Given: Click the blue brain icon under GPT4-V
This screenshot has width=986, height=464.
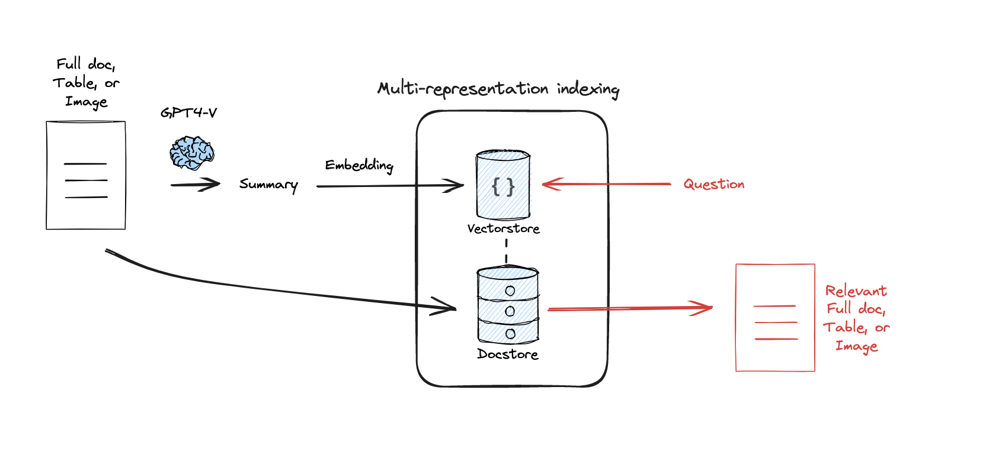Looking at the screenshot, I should [191, 153].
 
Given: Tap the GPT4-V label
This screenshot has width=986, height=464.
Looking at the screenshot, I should [188, 112].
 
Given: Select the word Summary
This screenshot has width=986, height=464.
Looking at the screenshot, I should [268, 185].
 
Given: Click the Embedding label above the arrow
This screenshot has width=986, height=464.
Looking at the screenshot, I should [359, 165].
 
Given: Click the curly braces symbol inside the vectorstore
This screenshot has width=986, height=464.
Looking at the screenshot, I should [503, 188].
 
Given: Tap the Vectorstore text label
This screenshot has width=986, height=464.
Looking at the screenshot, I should [503, 228].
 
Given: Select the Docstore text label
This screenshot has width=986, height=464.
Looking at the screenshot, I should [508, 354].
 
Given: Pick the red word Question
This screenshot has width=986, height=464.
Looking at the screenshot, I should [713, 184].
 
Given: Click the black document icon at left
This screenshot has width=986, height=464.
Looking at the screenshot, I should [86, 175].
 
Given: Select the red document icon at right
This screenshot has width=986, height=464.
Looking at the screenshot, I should [775, 318].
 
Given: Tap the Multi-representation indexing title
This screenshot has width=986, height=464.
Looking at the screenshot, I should [498, 89].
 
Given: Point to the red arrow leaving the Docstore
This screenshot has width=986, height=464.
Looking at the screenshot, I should [628, 308].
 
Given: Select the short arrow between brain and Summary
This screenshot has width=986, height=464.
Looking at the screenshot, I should [196, 185].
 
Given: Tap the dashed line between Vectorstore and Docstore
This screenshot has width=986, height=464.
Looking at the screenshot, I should [506, 251].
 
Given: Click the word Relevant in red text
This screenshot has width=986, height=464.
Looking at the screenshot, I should [856, 291].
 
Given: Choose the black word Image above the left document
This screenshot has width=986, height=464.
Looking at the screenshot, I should [87, 102].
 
